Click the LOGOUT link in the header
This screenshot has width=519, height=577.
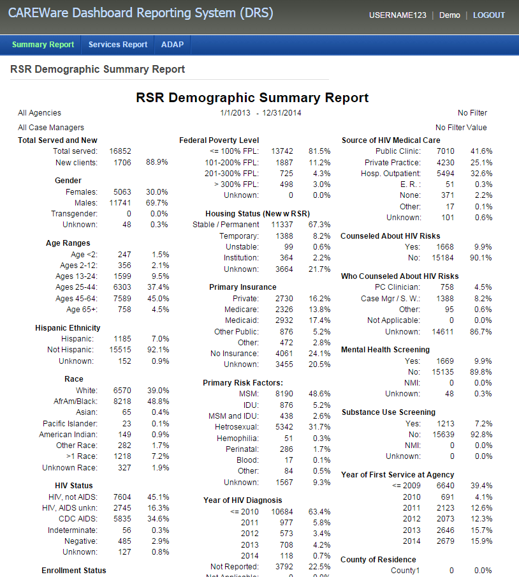tap(489, 15)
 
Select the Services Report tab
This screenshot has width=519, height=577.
tap(117, 45)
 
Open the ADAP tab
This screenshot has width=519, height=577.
tap(172, 45)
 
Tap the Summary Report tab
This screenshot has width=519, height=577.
tap(43, 45)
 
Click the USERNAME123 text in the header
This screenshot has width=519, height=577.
tap(398, 15)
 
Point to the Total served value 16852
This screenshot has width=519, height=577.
tap(121, 151)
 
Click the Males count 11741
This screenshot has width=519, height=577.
tap(121, 203)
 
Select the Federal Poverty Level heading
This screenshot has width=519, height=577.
tap(219, 140)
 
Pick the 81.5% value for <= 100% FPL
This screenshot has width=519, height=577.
tap(319, 151)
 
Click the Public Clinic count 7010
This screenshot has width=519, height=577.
tap(446, 151)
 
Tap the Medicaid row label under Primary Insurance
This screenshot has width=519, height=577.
tap(242, 320)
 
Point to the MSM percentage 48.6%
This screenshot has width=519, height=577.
tap(319, 394)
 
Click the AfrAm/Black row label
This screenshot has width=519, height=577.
tap(75, 401)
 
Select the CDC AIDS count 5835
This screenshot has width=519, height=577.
tap(122, 519)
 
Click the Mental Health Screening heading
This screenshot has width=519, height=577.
tap(385, 350)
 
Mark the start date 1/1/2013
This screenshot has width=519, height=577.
tap(235, 113)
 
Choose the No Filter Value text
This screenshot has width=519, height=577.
tap(461, 128)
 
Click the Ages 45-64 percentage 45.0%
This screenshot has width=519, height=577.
tap(158, 299)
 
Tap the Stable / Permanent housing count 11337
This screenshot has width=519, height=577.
tap(282, 225)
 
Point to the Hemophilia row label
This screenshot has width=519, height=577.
tap(238, 438)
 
